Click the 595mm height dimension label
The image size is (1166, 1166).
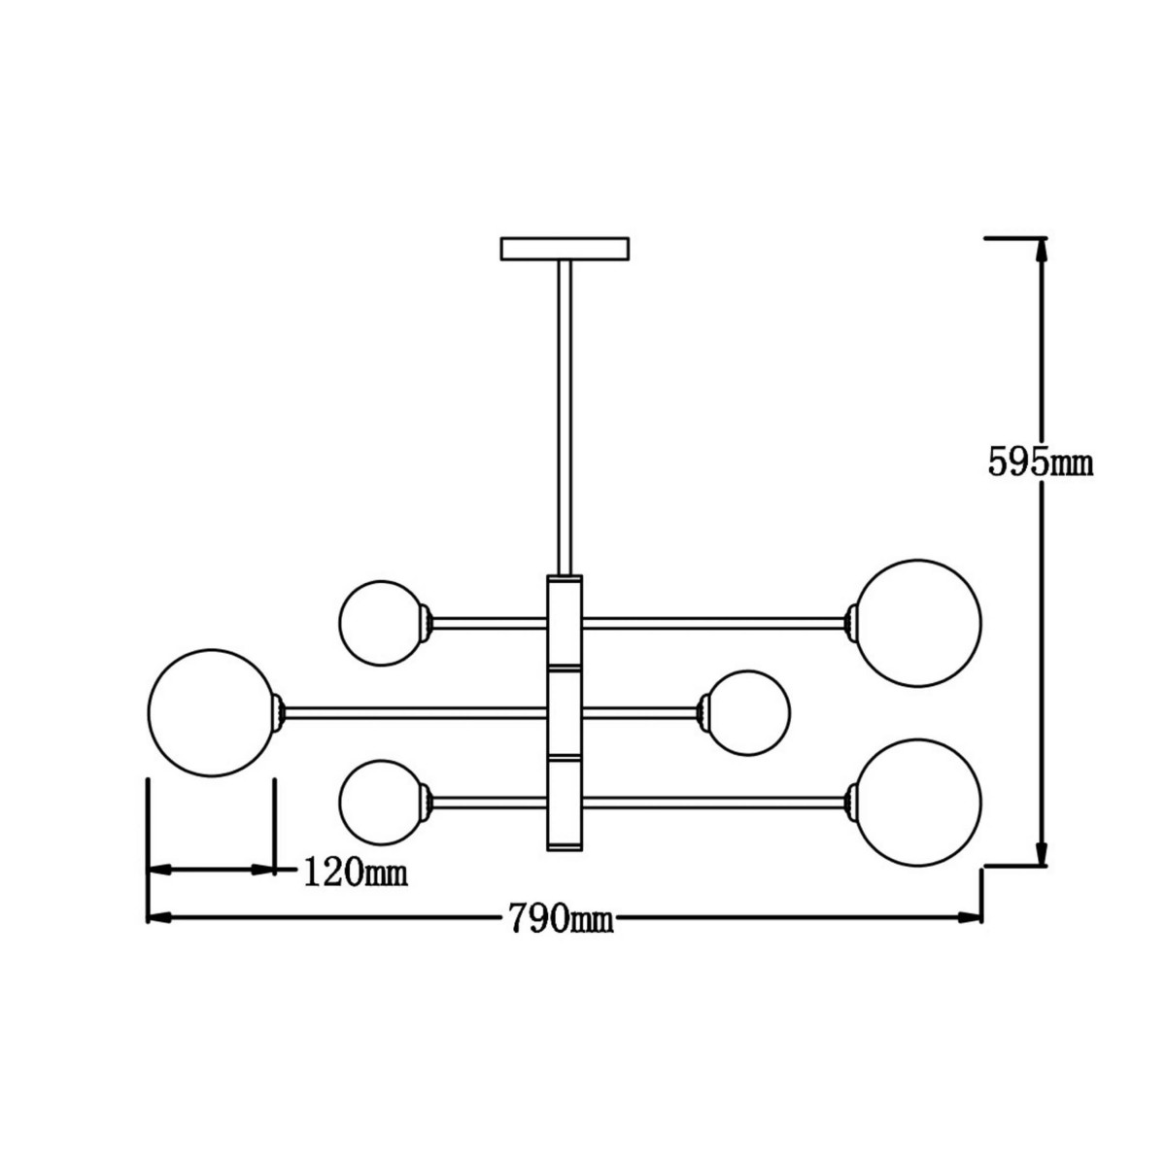coord(1041,463)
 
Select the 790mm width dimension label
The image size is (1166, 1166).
coord(560,916)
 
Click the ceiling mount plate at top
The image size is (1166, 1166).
coord(565,249)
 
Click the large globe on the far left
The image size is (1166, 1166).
coord(212,712)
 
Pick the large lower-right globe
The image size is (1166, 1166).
coord(918,802)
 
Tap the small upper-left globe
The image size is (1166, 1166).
coord(380,622)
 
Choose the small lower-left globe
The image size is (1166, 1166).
coord(380,802)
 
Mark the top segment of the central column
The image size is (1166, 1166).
coord(565,622)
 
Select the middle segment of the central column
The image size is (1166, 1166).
coord(565,712)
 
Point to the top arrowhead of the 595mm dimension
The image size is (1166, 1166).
coord(1042,251)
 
